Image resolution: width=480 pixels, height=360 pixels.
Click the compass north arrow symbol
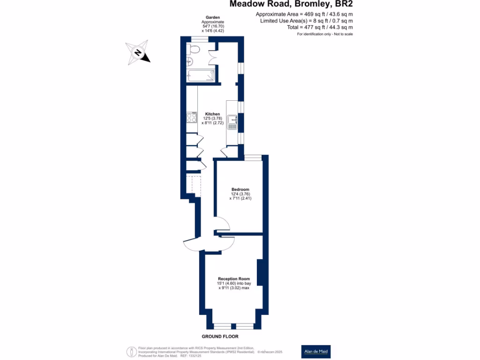coord(138,52)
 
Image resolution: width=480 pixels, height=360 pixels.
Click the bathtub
coord(201,76)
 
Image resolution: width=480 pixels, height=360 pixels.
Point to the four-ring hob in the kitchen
coord(192,117)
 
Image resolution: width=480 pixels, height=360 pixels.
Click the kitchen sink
coord(233,122)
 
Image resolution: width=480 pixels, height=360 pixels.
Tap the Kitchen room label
coord(212,114)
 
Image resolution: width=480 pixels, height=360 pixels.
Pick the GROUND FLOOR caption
coord(220,337)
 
